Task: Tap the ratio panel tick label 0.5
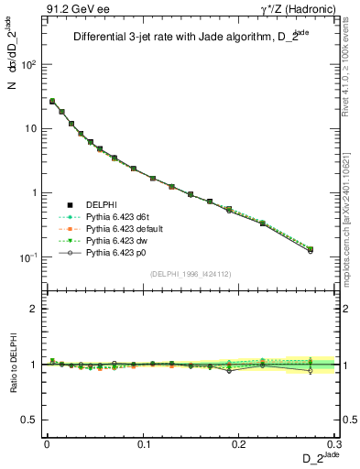[x=28, y=420]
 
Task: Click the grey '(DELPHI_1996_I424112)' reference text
[x=191, y=274]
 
